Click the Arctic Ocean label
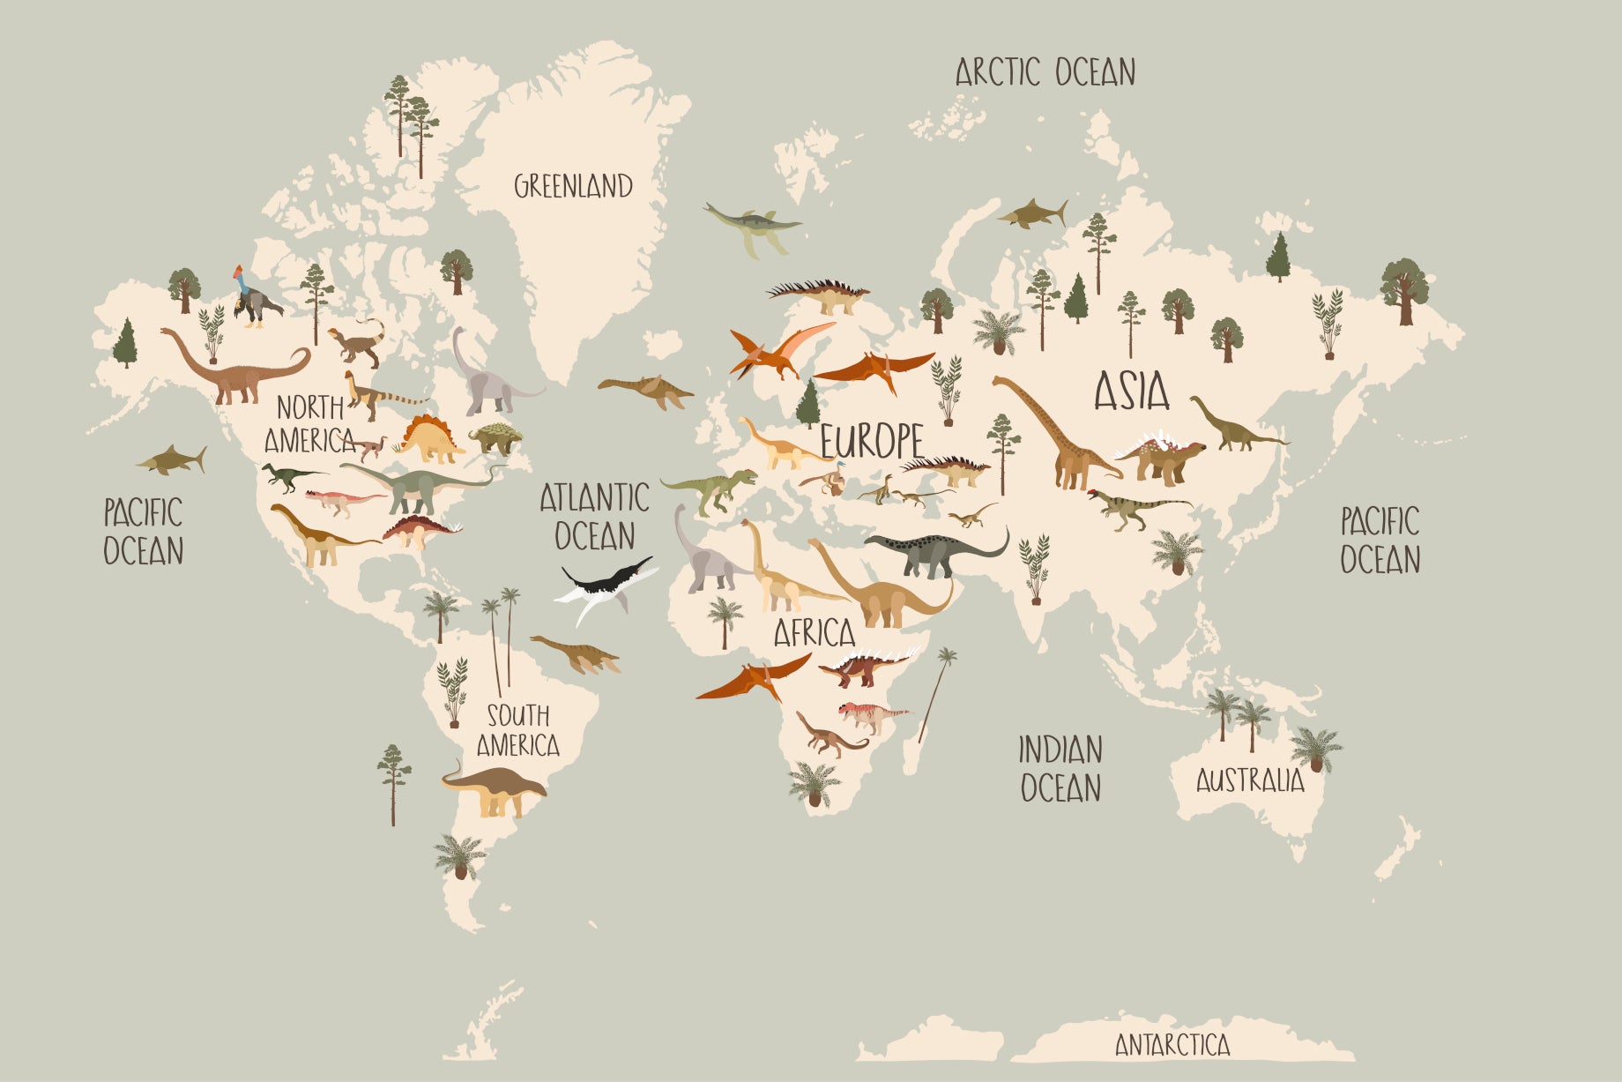[x=1045, y=72]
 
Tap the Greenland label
[x=573, y=186]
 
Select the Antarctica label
[x=1172, y=1045]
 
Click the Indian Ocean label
[x=1060, y=769]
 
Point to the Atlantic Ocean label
[x=594, y=517]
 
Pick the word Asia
[x=1132, y=392]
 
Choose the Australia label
[x=1249, y=780]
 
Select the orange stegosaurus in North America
[x=429, y=438]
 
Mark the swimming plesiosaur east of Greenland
[x=753, y=224]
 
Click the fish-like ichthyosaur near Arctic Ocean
[x=1033, y=214]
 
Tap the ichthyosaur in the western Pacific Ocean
[x=173, y=460]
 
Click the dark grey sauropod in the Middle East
[x=934, y=551]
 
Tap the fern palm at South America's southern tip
[x=458, y=856]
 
